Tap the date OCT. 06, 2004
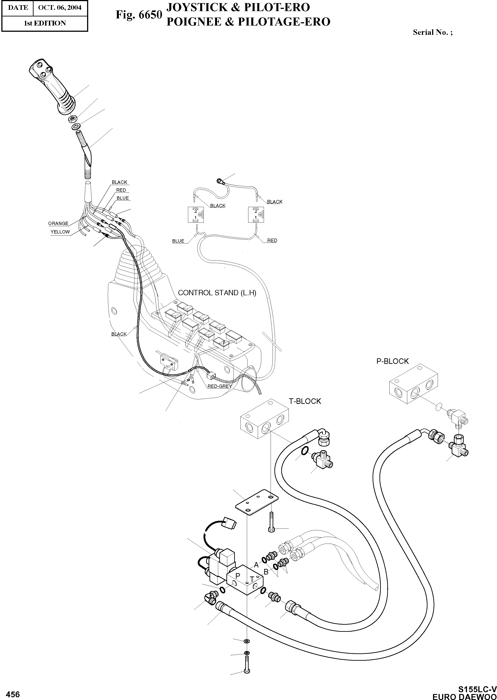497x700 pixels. [60, 7]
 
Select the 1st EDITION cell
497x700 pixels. [45, 23]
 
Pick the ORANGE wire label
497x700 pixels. [58, 223]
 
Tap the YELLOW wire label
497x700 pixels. [60, 232]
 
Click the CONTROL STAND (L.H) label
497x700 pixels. [217, 293]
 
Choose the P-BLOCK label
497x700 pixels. [392, 361]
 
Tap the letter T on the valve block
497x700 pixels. [251, 579]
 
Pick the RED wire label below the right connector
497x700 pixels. [272, 240]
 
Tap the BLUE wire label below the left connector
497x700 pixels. [178, 241]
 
